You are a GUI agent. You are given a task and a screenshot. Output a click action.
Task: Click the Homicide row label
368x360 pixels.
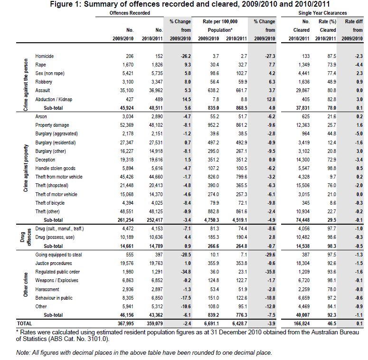coord(45,56)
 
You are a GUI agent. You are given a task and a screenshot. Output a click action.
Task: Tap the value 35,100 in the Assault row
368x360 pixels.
coord(126,91)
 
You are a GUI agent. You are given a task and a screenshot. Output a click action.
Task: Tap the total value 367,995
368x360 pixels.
coord(123,323)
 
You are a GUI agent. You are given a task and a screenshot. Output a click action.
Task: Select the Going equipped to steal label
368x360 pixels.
coord(58,255)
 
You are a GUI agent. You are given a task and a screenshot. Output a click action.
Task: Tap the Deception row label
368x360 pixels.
coord(46,160)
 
